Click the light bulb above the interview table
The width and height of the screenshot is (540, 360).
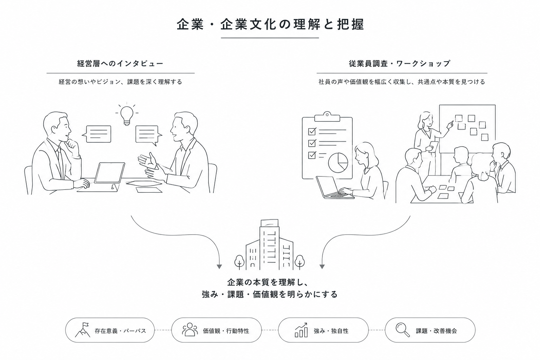pos(127,116)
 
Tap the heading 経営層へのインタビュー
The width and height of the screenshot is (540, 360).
pos(120,64)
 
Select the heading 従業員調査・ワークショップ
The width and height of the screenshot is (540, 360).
pos(399,64)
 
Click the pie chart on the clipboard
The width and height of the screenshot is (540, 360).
pos(338,162)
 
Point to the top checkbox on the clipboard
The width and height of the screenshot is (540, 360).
pos(312,131)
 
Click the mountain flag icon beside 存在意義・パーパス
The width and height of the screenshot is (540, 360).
pos(83,330)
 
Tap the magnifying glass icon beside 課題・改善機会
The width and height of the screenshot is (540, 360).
pos(403,330)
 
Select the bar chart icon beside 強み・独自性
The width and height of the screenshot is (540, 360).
pos(301,330)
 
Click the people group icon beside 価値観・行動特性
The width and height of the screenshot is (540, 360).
pos(190,329)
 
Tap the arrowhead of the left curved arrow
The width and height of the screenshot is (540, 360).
pos(219,267)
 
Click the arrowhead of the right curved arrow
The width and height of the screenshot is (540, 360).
pos(322,267)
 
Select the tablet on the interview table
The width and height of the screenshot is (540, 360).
pos(110,173)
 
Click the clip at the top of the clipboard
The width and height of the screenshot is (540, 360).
pos(327,117)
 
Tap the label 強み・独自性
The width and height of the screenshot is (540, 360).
pos(331,331)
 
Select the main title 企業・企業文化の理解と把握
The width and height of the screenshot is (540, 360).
pos(270,25)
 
